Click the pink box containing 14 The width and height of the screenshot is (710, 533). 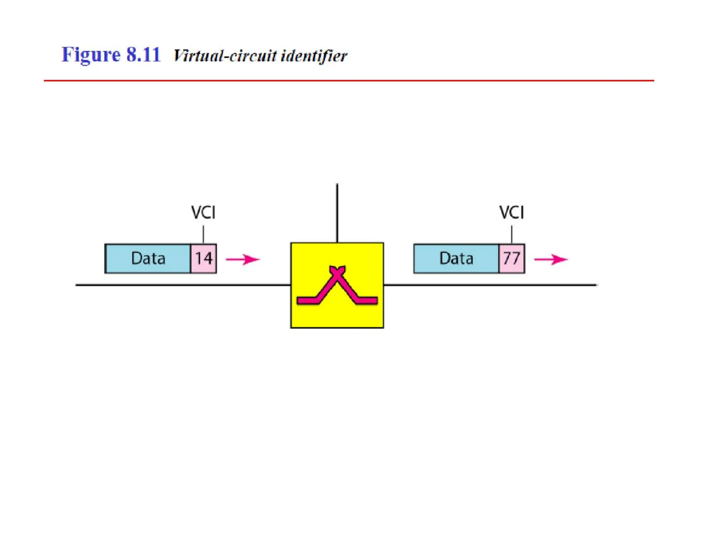point(204,259)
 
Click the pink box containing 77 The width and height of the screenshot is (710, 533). point(511,259)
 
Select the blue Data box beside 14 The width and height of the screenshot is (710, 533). point(148,259)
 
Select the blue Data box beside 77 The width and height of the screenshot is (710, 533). point(456,259)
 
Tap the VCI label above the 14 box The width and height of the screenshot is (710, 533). point(203,212)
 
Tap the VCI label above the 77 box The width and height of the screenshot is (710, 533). point(511,212)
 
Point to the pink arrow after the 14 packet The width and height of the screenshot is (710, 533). point(243,259)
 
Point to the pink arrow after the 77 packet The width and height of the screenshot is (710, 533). point(551,259)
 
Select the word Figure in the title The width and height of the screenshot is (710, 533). point(91,55)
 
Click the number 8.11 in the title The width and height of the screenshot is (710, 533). point(143,54)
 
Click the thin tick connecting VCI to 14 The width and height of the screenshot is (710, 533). point(203,235)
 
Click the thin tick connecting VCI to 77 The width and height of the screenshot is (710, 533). point(511,235)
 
